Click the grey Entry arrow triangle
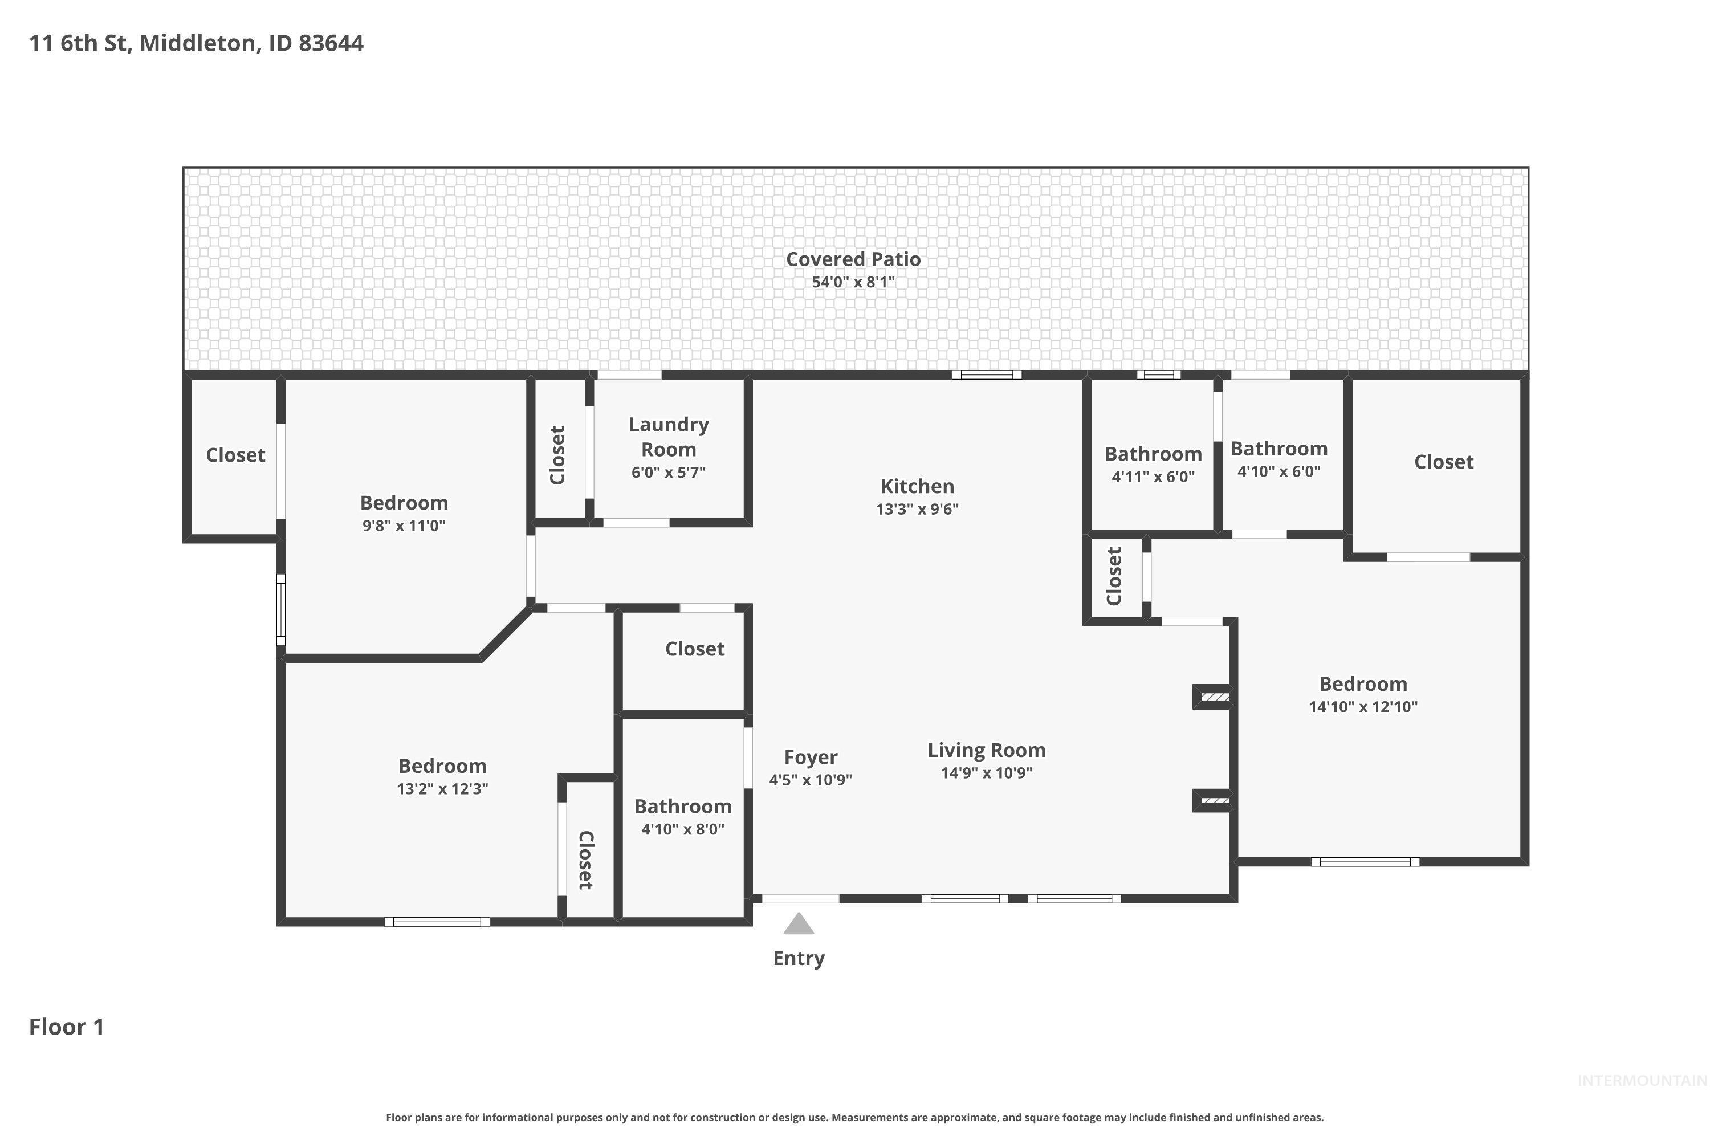799,924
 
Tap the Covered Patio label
853,259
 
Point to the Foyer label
811,758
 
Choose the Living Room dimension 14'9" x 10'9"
986,773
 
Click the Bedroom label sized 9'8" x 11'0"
404,503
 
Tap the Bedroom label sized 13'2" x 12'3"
442,766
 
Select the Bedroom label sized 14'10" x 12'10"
1362,684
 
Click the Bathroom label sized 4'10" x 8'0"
683,807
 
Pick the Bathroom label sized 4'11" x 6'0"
1153,454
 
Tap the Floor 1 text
66,1027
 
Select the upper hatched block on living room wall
1214,697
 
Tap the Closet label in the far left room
235,455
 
